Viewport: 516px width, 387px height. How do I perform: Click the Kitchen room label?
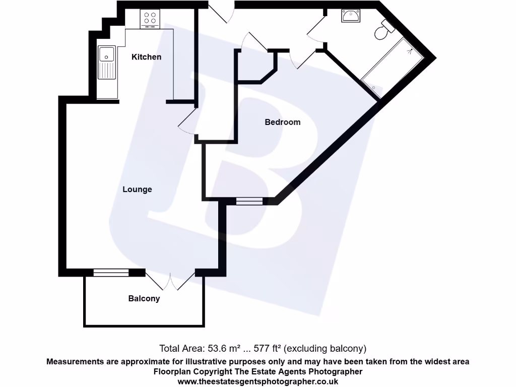click(146, 57)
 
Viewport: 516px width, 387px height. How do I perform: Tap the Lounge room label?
click(137, 189)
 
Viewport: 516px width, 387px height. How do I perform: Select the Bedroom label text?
click(282, 122)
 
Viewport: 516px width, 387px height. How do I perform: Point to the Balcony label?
click(144, 298)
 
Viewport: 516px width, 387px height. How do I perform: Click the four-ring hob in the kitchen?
click(150, 19)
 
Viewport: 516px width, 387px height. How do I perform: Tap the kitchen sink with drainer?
click(107, 63)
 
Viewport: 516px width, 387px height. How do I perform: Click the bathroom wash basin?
click(351, 17)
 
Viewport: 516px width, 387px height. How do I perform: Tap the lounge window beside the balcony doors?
click(111, 273)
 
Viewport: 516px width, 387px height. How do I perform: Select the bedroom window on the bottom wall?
click(249, 201)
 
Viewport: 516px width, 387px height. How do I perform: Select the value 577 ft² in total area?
click(269, 348)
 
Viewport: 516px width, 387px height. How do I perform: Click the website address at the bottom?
click(257, 381)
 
